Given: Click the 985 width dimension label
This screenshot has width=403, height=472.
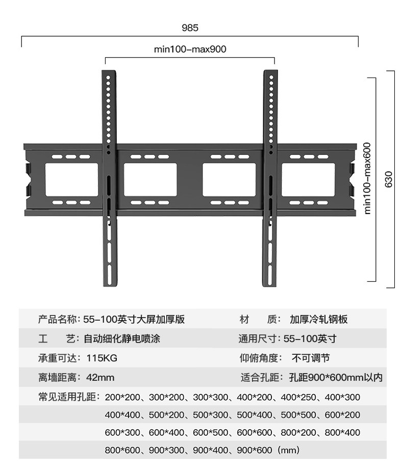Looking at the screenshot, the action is [190, 28].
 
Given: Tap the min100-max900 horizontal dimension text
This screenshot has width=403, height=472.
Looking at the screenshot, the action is [190, 49].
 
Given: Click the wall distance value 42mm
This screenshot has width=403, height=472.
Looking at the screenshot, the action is [100, 378].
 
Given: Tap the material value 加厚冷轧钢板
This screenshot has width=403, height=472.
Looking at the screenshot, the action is [318, 320].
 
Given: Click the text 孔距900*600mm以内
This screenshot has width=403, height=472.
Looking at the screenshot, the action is [335, 378].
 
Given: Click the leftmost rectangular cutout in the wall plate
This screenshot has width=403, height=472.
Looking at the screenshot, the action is [71, 179].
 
